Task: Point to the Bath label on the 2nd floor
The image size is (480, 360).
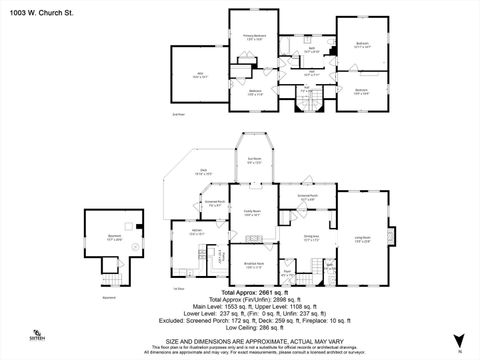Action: (x=312, y=48)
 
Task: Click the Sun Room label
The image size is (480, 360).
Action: (x=255, y=160)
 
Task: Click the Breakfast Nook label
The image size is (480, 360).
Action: (x=255, y=265)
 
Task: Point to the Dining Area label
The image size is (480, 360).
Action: (x=310, y=238)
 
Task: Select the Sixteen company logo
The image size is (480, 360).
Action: (x=37, y=335)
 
